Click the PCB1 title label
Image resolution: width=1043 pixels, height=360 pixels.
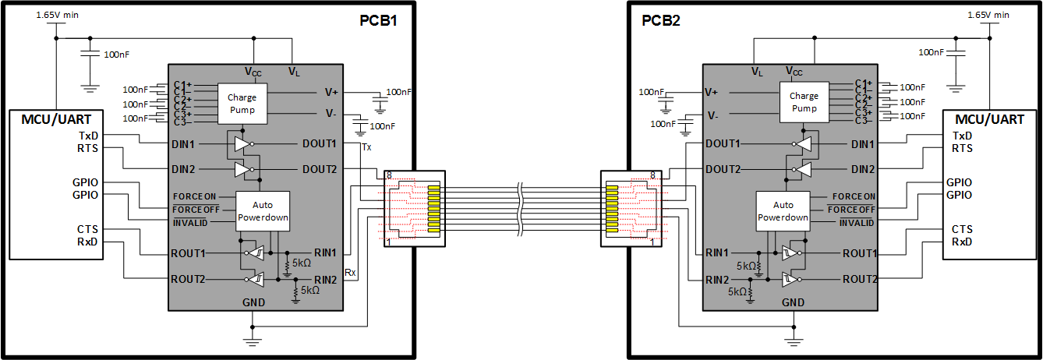tap(379, 20)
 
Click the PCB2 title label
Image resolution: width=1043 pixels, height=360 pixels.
tap(661, 20)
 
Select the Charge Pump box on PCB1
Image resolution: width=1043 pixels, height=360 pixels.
tap(241, 104)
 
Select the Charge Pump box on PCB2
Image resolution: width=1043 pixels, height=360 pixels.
tap(804, 102)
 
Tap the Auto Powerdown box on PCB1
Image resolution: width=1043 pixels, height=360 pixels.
tap(262, 211)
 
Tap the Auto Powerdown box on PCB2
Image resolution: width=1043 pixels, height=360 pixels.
tap(782, 211)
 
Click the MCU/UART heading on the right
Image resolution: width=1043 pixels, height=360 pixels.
tap(990, 120)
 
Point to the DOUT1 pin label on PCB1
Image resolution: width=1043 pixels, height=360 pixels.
tap(320, 144)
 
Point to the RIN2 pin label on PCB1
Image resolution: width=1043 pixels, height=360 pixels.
tap(325, 279)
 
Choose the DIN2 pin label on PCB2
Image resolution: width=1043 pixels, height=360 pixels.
tap(862, 169)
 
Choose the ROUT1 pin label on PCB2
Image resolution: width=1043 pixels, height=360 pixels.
tap(860, 253)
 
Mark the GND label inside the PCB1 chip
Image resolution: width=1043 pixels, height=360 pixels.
tap(253, 302)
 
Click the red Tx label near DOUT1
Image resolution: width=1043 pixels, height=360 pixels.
tap(367, 148)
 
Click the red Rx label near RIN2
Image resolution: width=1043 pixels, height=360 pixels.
tap(350, 273)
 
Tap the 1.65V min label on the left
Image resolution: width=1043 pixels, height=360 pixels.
tap(57, 15)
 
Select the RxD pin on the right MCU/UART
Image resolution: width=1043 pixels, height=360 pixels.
tap(962, 242)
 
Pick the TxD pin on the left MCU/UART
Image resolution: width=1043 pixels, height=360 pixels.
tap(88, 136)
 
